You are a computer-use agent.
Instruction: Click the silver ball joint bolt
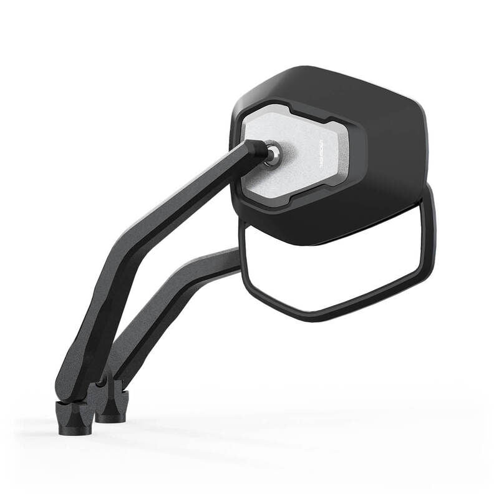[x=273, y=153]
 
